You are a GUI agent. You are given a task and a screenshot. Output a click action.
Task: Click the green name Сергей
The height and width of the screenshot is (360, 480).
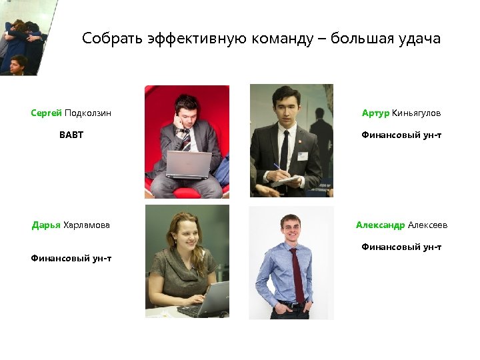click(x=46, y=113)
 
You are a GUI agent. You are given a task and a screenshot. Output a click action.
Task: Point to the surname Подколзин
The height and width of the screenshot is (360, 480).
click(x=88, y=113)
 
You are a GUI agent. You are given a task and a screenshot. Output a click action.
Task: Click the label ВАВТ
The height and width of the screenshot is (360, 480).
click(x=71, y=135)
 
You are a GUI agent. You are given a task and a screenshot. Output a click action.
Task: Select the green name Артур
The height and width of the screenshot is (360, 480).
click(x=375, y=113)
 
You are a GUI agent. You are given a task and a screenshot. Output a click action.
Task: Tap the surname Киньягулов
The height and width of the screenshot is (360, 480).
click(x=417, y=113)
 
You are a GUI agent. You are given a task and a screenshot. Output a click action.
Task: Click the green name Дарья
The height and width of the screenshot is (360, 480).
click(x=46, y=225)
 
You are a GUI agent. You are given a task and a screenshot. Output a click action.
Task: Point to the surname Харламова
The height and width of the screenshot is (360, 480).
click(x=87, y=225)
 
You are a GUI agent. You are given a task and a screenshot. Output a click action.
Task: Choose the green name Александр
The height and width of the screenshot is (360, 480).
click(x=380, y=225)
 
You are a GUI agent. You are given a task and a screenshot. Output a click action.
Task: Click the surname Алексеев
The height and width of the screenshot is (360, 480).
click(x=428, y=225)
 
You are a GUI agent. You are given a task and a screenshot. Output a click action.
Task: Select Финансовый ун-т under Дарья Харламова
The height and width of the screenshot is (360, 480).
click(x=71, y=258)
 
